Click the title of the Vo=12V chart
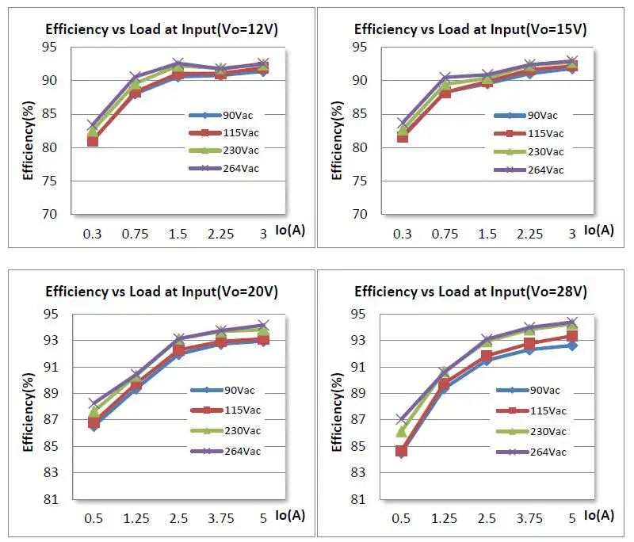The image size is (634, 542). click(161, 29)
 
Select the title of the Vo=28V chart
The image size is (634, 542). click(470, 292)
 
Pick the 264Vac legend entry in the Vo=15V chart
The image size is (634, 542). click(545, 170)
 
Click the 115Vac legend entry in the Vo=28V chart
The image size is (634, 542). click(547, 411)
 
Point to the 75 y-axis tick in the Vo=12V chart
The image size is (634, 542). click(48, 181)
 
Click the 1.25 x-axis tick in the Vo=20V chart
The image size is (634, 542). click(136, 519)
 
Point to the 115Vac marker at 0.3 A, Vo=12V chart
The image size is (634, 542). click(93, 141)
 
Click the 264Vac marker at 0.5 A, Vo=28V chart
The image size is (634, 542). click(402, 419)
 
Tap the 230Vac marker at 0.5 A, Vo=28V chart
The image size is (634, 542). click(402, 432)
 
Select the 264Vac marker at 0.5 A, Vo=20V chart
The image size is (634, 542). click(94, 403)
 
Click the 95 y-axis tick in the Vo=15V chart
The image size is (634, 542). click(358, 48)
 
